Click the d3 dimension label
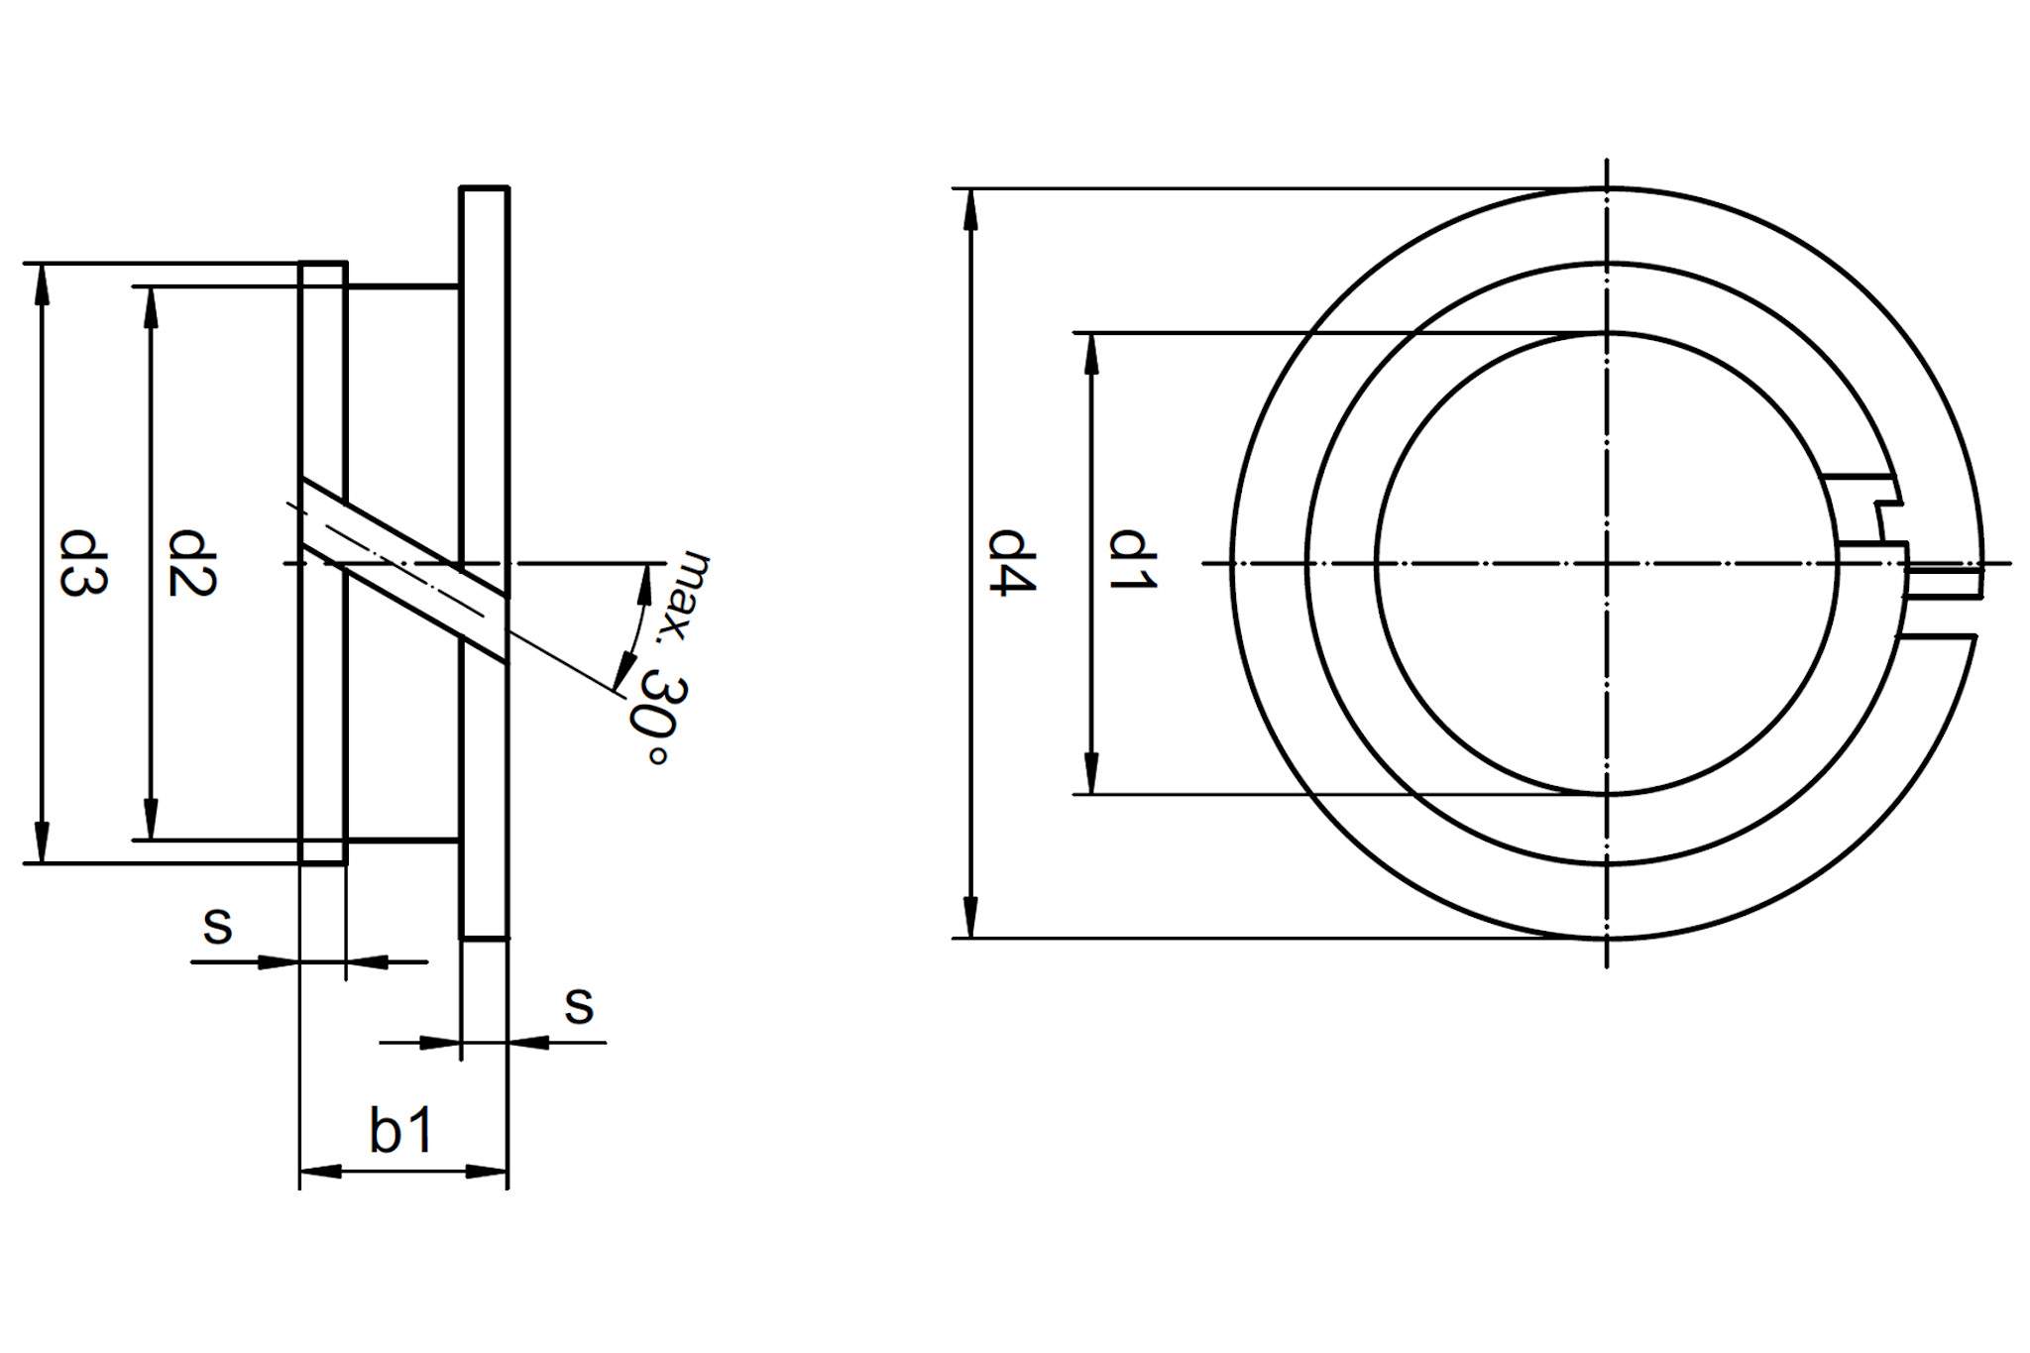(83, 563)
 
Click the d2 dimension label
(191, 563)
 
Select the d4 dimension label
(1013, 563)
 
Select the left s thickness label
(217, 925)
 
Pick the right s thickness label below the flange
(579, 1005)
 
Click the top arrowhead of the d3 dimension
(41, 282)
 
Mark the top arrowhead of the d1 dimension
(1092, 353)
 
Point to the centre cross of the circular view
(1606, 564)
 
